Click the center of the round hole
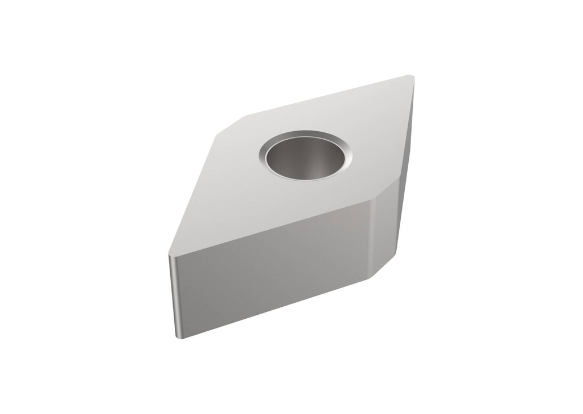(x=306, y=155)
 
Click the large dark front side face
(x=273, y=274)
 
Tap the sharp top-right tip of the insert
(x=411, y=77)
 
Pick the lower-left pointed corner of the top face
(x=170, y=254)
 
